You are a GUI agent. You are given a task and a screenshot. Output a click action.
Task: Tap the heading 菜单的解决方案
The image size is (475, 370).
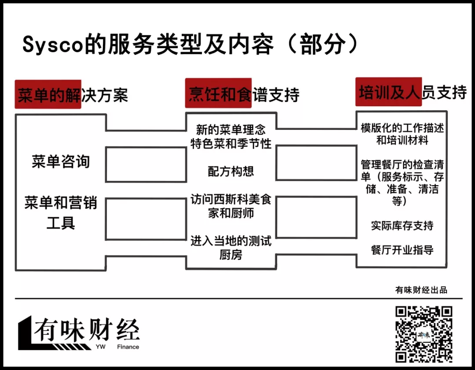(72, 95)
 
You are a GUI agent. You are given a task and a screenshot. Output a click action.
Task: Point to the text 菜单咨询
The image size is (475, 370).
(61, 162)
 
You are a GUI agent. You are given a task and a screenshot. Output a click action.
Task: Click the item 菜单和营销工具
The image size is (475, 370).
(61, 213)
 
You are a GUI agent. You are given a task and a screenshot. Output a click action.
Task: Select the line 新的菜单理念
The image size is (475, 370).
(230, 130)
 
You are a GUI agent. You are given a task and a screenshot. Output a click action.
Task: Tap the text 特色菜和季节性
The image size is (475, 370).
(230, 144)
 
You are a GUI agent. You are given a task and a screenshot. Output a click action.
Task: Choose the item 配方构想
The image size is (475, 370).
(230, 171)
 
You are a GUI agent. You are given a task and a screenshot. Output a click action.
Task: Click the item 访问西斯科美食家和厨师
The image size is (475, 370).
(230, 206)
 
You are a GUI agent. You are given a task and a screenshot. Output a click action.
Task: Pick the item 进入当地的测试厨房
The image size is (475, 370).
(230, 248)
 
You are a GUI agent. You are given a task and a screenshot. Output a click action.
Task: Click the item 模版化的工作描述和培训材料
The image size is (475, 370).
(402, 134)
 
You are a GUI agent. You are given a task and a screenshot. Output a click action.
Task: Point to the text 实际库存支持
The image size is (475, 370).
(402, 226)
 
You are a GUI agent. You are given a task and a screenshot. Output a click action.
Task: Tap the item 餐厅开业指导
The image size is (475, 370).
(402, 250)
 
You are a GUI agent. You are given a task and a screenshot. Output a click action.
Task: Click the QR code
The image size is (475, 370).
(424, 334)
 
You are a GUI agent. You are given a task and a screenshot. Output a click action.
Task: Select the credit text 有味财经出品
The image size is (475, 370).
(421, 290)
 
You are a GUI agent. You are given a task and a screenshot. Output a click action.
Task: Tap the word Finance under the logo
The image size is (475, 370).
(128, 347)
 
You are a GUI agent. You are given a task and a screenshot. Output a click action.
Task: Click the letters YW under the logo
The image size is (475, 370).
(100, 347)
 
